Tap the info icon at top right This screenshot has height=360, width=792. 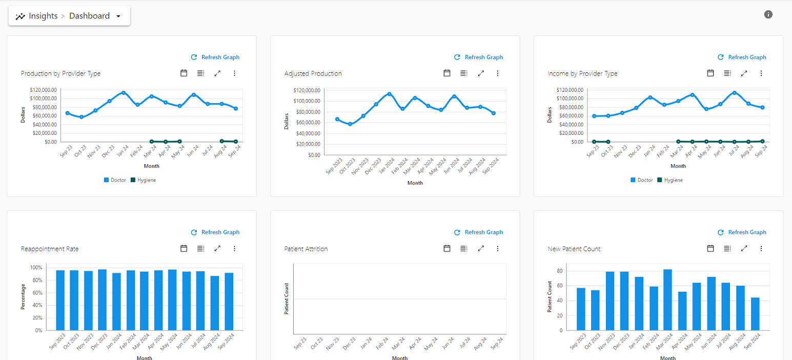point(768,14)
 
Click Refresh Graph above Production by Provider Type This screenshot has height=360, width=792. point(215,57)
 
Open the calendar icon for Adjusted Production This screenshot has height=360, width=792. point(447,73)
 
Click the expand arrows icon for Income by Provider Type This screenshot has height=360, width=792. point(744,73)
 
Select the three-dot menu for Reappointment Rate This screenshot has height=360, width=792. point(234,248)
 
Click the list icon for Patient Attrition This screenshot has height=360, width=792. point(463,248)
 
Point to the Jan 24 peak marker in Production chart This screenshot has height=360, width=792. point(124,93)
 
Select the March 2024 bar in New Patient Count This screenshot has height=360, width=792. point(667,299)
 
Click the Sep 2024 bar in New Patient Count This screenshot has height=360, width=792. point(755,313)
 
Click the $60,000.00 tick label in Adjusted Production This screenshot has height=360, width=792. point(307,123)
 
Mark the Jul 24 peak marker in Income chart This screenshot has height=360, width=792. point(735,93)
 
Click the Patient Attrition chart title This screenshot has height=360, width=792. point(306,249)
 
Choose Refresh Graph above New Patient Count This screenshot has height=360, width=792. point(742,232)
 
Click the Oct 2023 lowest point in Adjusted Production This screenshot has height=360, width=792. point(350,124)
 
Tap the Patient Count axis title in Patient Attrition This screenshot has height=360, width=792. point(287,298)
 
